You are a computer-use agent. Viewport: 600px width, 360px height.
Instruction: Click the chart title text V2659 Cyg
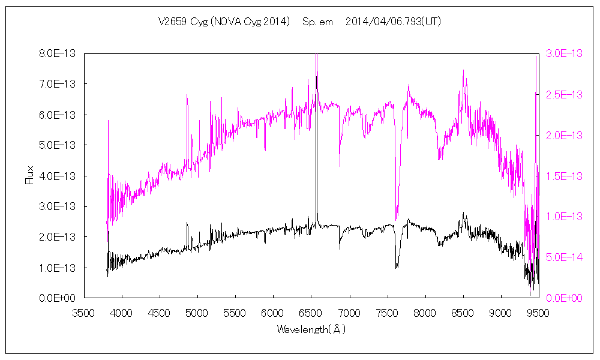[x=179, y=22]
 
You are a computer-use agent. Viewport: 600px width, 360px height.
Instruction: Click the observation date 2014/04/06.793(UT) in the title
[x=394, y=22]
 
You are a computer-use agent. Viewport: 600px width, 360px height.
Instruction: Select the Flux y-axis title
[x=29, y=175]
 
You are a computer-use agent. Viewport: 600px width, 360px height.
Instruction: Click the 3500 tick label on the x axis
[x=84, y=312]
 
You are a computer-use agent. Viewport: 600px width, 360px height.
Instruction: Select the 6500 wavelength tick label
[x=311, y=312]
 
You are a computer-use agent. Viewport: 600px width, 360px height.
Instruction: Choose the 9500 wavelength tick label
[x=538, y=312]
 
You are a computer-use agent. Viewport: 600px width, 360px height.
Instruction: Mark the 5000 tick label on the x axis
[x=197, y=312]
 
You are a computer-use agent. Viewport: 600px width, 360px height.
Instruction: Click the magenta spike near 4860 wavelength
[x=187, y=96]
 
